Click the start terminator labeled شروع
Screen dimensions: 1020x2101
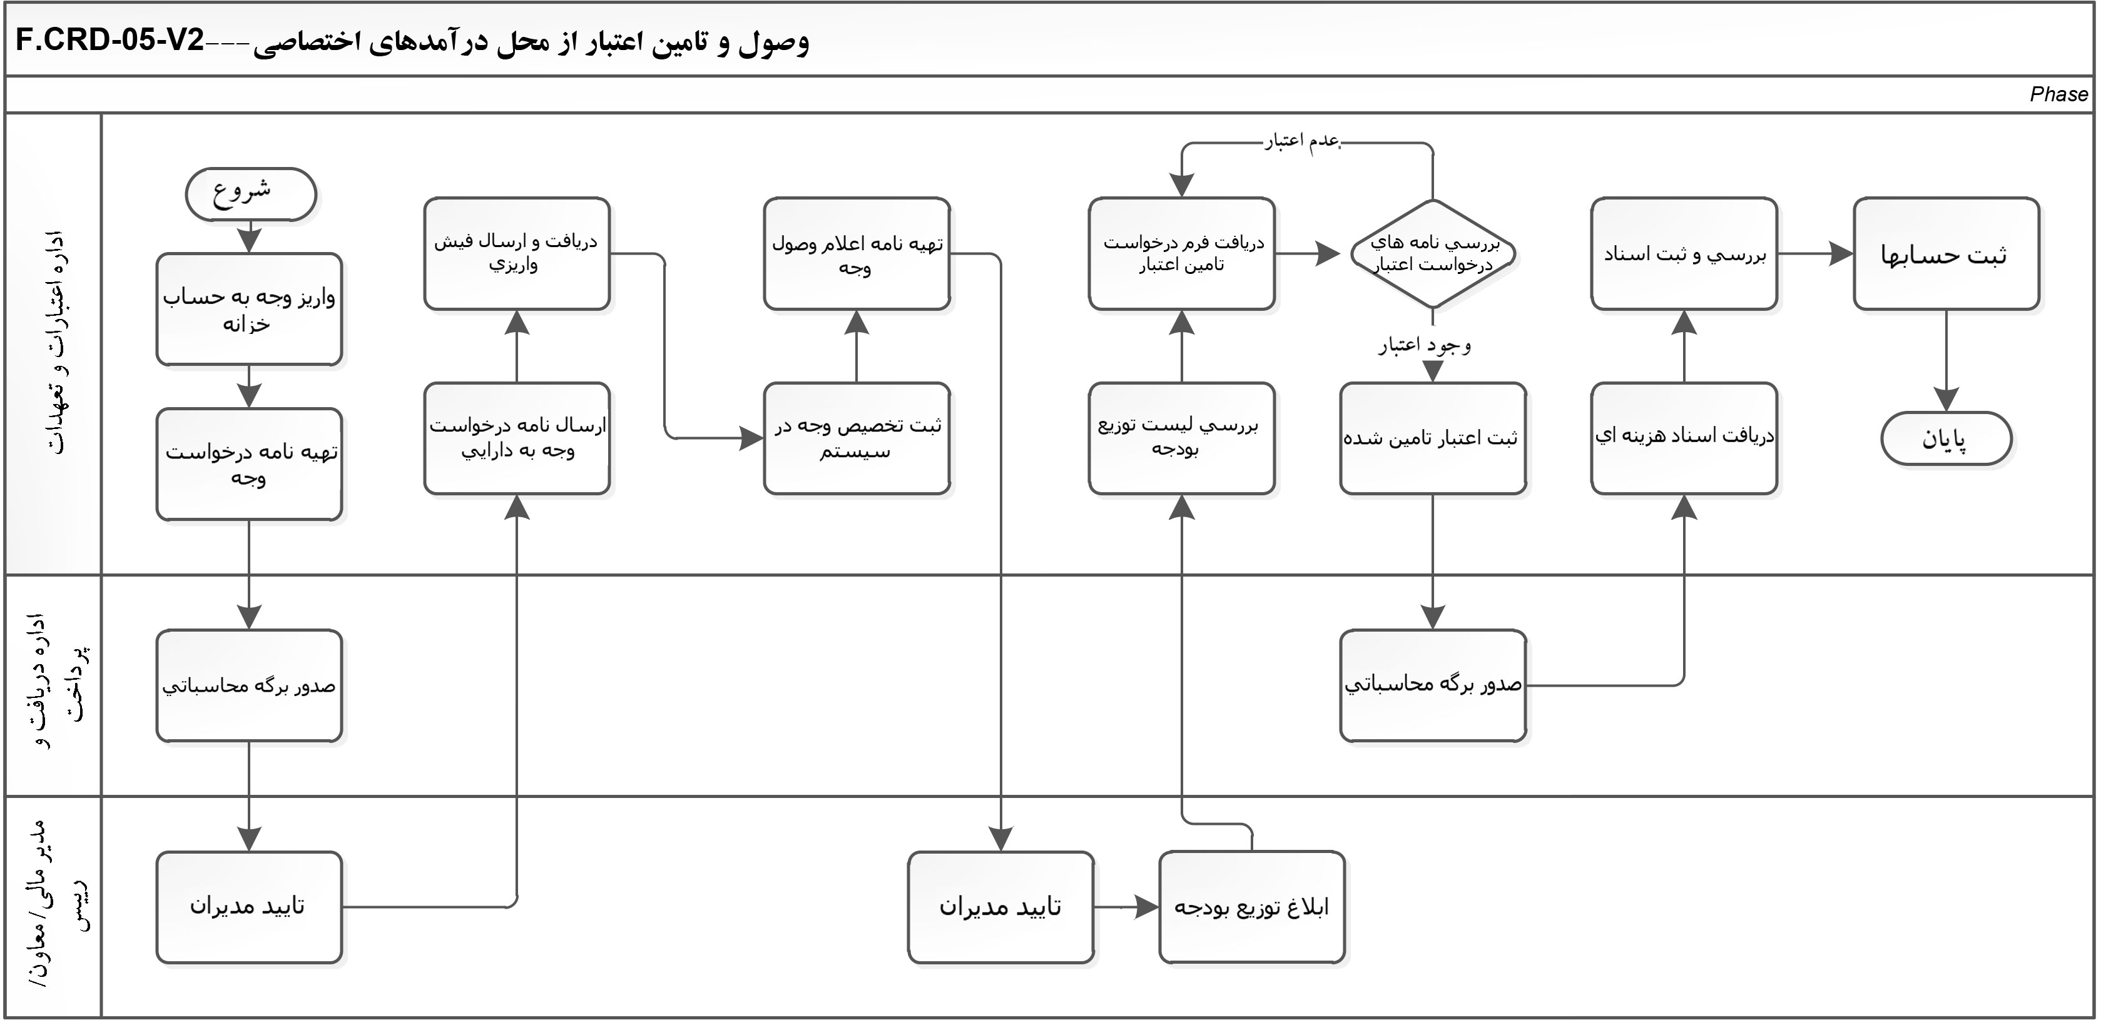click(250, 194)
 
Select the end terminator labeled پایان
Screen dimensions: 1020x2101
click(1946, 438)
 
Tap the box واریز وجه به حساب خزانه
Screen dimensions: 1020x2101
click(249, 309)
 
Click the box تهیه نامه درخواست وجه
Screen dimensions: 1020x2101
click(249, 464)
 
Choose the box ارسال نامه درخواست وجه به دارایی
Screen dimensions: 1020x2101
click(517, 438)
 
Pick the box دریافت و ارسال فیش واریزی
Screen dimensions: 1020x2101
click(517, 253)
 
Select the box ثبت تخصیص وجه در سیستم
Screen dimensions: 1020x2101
click(857, 438)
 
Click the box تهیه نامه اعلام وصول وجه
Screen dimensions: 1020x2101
click(857, 253)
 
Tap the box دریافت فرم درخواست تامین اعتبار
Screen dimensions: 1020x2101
click(1182, 253)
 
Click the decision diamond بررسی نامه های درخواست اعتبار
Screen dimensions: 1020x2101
click(1432, 253)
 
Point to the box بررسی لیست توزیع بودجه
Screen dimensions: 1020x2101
click(1182, 438)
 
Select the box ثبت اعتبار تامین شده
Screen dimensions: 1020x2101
click(1432, 438)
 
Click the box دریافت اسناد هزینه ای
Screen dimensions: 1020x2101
click(1684, 438)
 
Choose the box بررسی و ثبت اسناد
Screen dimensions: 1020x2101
click(1684, 253)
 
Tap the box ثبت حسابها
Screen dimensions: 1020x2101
click(1946, 253)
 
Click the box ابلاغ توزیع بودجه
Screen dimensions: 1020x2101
click(1251, 907)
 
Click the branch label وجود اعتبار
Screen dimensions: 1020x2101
click(1425, 346)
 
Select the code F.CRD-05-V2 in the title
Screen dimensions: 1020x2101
click(110, 41)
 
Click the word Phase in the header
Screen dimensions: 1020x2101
click(2058, 94)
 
